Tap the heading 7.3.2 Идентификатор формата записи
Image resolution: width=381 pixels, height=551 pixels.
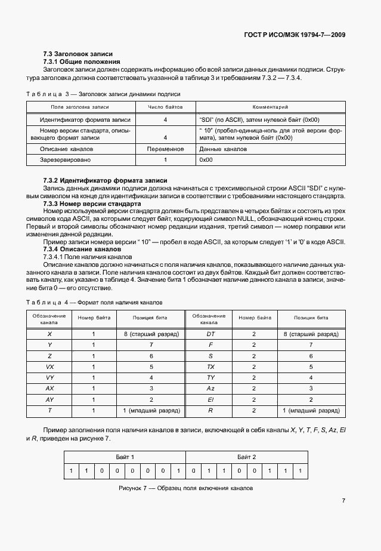[105, 180]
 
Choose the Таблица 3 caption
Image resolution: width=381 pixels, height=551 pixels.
[104, 94]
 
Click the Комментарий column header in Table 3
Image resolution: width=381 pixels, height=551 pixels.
[270, 107]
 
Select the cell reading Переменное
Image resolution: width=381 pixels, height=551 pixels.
[165, 149]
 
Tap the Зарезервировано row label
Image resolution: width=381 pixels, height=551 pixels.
[65, 160]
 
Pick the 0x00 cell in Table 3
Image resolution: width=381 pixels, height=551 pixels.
[206, 160]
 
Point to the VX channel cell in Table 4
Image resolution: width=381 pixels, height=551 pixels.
[49, 367]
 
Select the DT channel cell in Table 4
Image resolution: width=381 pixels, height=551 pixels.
[210, 334]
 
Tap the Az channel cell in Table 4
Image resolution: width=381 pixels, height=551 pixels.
[210, 388]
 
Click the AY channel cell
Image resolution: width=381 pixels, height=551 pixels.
[49, 399]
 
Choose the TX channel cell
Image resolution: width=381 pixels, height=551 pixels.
[210, 367]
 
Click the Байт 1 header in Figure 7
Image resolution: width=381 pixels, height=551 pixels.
[125, 457]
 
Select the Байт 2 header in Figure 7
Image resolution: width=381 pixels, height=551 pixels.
[246, 457]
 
